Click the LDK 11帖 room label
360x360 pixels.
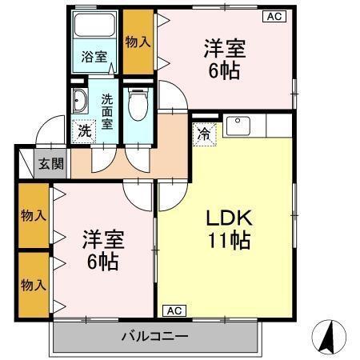[x=230, y=228]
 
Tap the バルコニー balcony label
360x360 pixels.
[x=155, y=336]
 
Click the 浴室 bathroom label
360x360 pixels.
[x=94, y=57]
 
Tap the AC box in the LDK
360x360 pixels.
[x=174, y=310]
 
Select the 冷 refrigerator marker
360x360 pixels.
[x=205, y=134]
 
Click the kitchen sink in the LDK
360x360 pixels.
[x=238, y=126]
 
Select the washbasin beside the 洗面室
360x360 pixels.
[x=81, y=102]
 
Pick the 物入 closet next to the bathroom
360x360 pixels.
[x=138, y=41]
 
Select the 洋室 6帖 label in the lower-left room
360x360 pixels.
[x=101, y=250]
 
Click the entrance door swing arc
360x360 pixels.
[x=50, y=128]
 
